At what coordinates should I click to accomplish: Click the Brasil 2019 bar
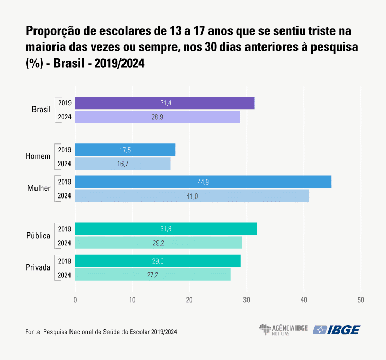coord(165,103)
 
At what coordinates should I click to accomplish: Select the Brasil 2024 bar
coord(157,117)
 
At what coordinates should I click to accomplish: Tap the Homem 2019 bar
coord(125,150)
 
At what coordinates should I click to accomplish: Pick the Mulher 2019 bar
coord(203,182)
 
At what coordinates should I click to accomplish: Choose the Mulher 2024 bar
coord(192,196)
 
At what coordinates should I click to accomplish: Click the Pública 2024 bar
coord(159,243)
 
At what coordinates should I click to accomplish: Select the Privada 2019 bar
coord(158,261)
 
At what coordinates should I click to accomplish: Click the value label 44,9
coord(203,182)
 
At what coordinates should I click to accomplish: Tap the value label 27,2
coord(152,275)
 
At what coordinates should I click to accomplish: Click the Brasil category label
coord(41,110)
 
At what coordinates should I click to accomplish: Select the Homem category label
coord(38,157)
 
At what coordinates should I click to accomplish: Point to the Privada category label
coord(38,268)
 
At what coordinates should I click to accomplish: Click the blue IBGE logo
coord(338,330)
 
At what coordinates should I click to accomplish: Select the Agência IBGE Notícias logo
coord(283,330)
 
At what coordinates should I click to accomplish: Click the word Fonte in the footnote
coord(33,332)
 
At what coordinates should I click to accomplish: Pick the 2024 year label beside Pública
coord(64,243)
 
